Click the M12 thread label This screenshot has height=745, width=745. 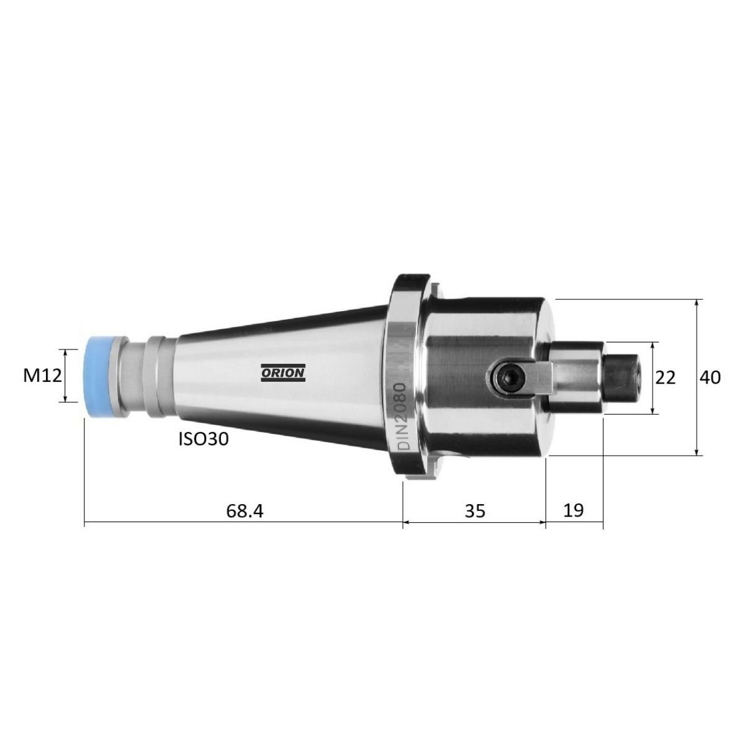pos(42,376)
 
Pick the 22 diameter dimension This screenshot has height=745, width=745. pos(666,377)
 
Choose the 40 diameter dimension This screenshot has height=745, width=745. pos(710,377)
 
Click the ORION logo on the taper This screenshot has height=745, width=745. pos(283,372)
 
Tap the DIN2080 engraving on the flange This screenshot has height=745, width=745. pos(404,416)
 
